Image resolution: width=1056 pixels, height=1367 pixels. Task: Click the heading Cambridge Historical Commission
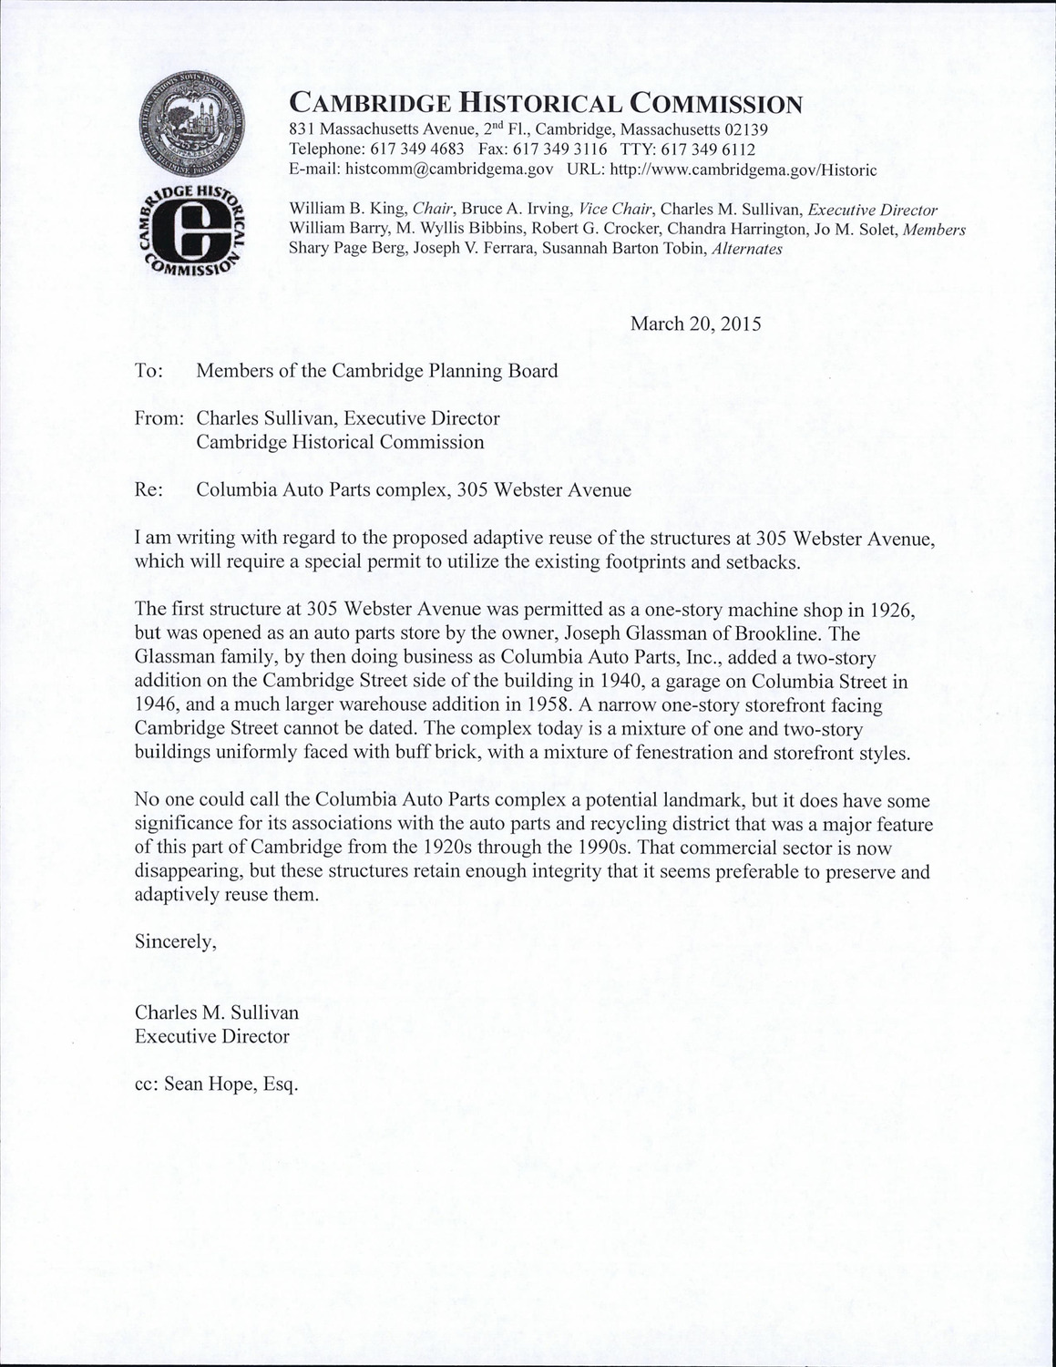coord(545,103)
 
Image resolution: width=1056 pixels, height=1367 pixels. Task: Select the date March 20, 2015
coord(696,324)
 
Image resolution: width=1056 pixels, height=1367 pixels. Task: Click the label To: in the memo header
coord(149,371)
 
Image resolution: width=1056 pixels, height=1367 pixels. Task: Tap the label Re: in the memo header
coord(149,489)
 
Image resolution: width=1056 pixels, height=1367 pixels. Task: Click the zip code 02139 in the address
coord(747,128)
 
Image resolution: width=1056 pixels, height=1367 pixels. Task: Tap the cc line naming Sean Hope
coord(217,1084)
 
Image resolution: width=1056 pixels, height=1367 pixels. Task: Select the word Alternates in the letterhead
coord(745,248)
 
